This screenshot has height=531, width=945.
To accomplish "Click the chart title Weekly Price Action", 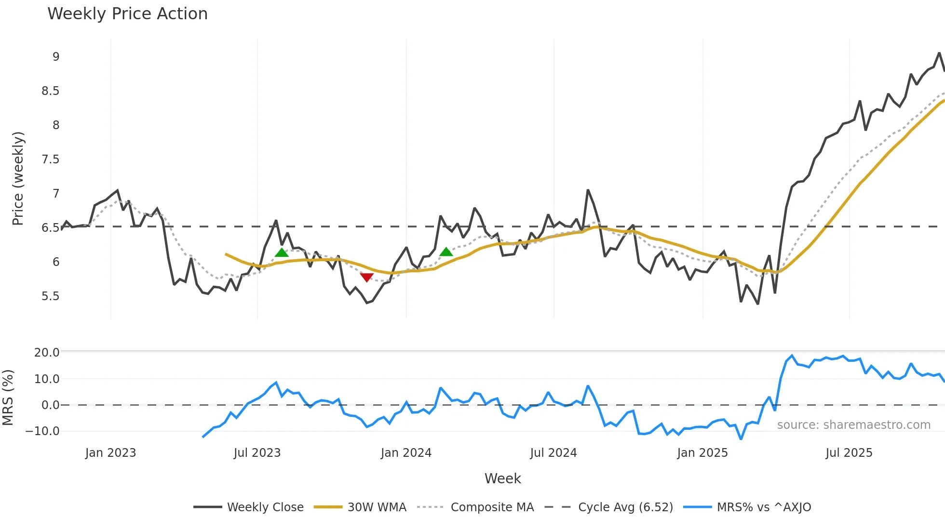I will [x=127, y=14].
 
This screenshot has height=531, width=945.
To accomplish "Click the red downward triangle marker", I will [x=367, y=277].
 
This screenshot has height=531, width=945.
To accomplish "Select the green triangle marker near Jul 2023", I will [x=282, y=252].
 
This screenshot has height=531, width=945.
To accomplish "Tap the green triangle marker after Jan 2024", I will [x=446, y=252].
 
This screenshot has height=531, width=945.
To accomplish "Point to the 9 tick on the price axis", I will [x=56, y=57].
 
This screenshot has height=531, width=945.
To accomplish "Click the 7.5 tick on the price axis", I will [x=51, y=159].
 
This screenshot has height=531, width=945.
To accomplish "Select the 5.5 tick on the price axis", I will [x=51, y=296].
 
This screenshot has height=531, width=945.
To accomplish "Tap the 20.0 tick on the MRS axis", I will [x=47, y=353].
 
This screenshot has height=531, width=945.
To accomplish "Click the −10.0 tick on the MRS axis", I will [x=42, y=431].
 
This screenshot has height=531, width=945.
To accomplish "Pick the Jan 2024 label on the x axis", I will [x=406, y=453].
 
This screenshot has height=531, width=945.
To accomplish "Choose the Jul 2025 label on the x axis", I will [x=849, y=453].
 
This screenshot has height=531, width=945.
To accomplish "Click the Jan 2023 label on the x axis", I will [x=110, y=453].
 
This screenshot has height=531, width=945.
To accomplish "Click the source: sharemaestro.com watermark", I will [x=853, y=425].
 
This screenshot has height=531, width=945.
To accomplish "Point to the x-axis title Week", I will [x=502, y=478].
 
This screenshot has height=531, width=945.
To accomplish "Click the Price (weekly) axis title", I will [x=18, y=178].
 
